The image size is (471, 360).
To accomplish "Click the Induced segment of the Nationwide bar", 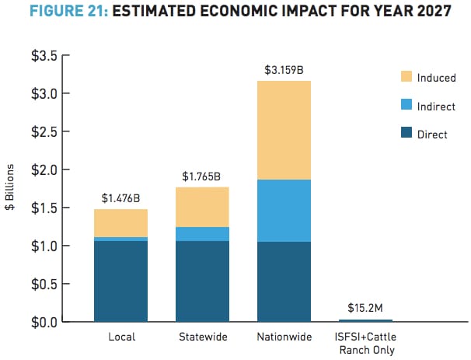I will coord(284,130).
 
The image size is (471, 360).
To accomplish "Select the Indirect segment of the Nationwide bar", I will coord(284,211).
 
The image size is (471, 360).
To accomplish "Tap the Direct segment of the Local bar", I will coord(120,281).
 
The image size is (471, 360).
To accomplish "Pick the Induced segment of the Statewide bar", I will coord(202,207).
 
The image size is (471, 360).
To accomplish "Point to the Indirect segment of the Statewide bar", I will coord(202,234).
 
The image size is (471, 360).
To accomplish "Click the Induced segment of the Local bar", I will coord(120,223).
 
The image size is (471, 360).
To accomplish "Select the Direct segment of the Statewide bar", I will coord(202,281).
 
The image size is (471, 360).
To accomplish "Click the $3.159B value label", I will coord(284,70).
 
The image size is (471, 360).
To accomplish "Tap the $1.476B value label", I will coord(120,198).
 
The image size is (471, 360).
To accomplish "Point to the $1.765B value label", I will coord(202,177).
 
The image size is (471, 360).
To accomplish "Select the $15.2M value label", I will coord(365,308).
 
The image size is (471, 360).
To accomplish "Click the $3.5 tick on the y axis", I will coord(45,56).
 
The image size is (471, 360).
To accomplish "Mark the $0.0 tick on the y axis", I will coord(45,321).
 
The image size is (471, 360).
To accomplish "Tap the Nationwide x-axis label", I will coord(284,337).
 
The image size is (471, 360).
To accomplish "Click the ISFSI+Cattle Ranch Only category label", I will coord(365,344).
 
